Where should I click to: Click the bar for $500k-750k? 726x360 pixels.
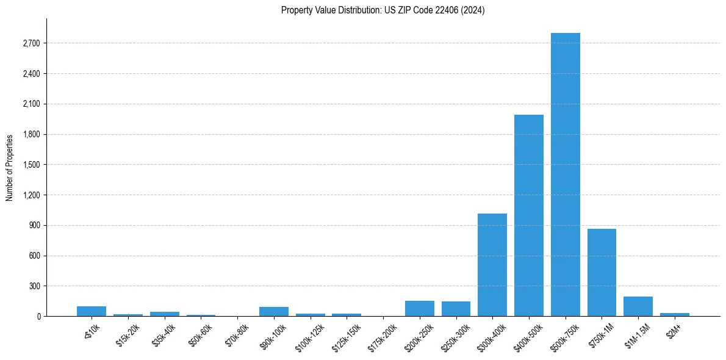tap(565, 175)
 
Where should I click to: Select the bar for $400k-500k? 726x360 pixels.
tap(528, 215)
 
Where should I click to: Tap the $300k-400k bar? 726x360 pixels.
tap(492, 265)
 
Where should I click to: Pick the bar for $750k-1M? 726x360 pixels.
tap(602, 272)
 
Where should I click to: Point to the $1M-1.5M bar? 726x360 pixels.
tap(638, 306)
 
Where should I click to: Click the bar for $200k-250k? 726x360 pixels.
tap(419, 308)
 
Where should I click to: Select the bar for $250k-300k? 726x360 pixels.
tap(456, 309)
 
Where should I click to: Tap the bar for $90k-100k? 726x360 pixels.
tap(274, 311)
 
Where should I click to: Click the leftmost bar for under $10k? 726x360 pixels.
tap(92, 311)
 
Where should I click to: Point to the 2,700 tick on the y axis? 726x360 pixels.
tap(31, 43)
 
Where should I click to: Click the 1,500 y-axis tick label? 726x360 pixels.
tap(31, 165)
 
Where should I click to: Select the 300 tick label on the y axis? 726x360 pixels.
tap(35, 286)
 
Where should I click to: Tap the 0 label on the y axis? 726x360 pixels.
tap(38, 316)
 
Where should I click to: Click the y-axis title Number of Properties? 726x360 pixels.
tap(9, 167)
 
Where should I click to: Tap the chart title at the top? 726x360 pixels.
tap(383, 10)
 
